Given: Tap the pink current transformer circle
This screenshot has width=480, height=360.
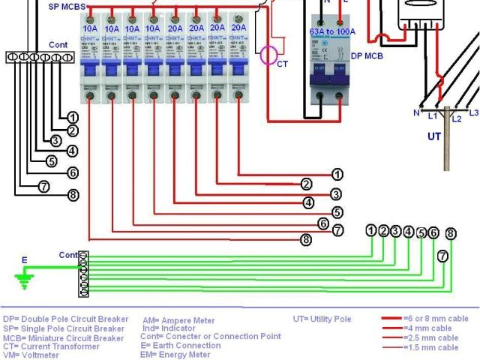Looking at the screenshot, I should tap(268, 55).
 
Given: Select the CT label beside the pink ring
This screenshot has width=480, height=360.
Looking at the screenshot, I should tap(282, 64).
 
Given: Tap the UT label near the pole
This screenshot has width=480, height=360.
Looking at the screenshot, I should tap(434, 136).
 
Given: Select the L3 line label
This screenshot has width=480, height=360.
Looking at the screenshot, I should tap(473, 112).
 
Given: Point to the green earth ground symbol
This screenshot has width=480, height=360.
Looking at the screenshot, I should tap(25, 280).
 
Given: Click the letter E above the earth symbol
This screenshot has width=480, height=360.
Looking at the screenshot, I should tap(24, 260).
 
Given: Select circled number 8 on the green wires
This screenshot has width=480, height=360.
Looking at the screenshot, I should tap(450, 233).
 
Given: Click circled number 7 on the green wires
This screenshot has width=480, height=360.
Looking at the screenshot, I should tap(443, 256).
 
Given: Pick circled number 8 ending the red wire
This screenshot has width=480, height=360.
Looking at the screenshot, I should tap(306, 240).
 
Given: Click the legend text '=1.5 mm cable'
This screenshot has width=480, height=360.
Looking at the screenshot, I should tap(430, 347).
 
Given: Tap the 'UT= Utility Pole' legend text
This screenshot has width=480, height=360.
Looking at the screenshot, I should tap(322, 319).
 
